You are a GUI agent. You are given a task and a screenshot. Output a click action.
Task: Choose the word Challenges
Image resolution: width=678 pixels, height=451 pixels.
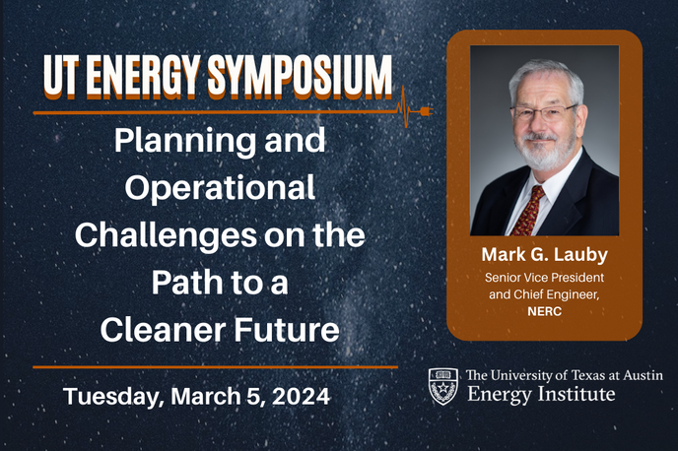(163, 236)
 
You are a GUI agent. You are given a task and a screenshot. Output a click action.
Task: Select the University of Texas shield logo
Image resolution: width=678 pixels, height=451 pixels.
(443, 385)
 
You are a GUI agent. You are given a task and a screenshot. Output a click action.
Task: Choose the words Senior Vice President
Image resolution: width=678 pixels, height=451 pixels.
(544, 278)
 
